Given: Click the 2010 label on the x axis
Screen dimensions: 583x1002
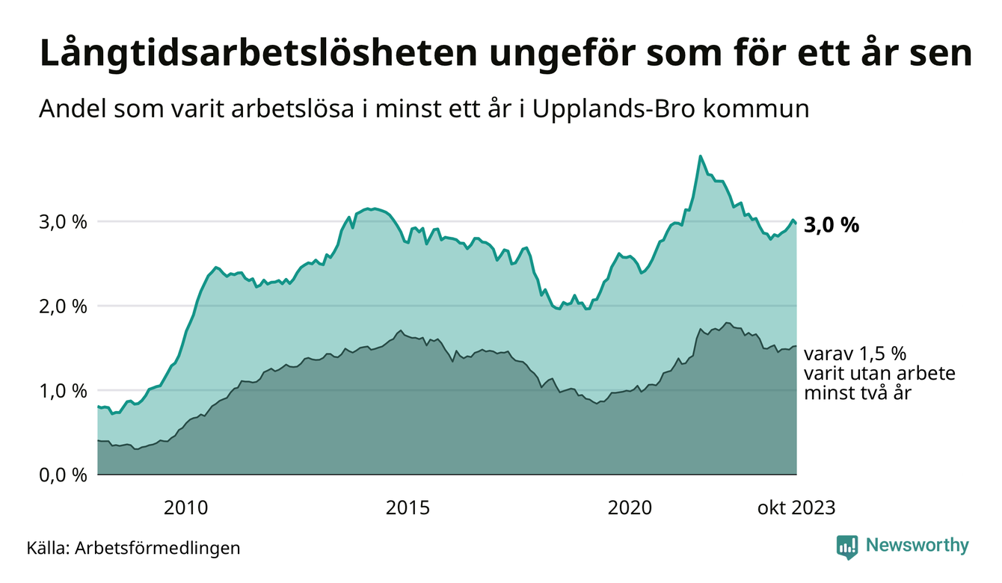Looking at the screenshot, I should [186, 508].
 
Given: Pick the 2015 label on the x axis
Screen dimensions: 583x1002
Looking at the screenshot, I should [408, 508].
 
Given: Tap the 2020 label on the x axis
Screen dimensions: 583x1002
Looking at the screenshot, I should [630, 508].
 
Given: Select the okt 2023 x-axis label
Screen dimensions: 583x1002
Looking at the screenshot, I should [796, 508].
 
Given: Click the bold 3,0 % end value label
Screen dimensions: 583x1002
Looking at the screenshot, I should [832, 225].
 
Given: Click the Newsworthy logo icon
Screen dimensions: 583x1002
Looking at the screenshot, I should [847, 546].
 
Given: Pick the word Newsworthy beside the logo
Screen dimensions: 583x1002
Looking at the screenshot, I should [917, 546].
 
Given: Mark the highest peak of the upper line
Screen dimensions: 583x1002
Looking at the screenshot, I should [700, 156].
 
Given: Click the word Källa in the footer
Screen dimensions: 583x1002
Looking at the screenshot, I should [47, 548].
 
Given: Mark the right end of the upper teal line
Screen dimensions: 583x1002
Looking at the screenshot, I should [796, 223].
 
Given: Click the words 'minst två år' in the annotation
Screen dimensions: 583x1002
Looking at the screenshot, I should [858, 393].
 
